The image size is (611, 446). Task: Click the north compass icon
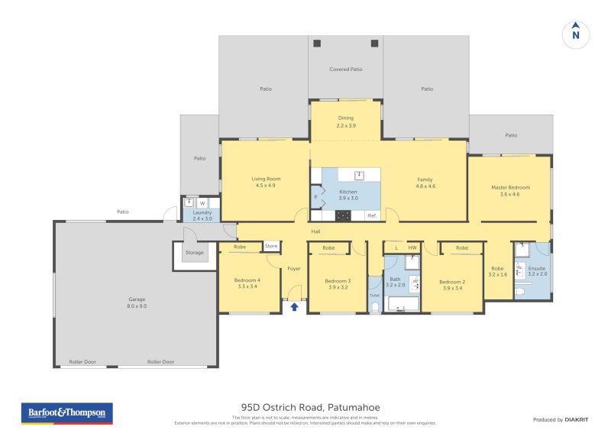pyautogui.click(x=576, y=34)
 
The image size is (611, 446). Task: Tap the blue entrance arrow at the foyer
pyautogui.click(x=293, y=306)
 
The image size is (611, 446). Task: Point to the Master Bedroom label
pyautogui.click(x=510, y=187)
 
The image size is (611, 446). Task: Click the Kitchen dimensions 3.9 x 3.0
pyautogui.click(x=348, y=199)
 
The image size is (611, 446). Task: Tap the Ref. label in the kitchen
pyautogui.click(x=372, y=215)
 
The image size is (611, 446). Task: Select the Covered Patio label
pyautogui.click(x=345, y=69)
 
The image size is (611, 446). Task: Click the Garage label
pyautogui.click(x=137, y=299)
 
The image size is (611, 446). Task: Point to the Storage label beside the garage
pyautogui.click(x=195, y=252)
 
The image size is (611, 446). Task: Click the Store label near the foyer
pyautogui.click(x=271, y=246)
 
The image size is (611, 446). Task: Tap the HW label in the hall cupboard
pyautogui.click(x=412, y=247)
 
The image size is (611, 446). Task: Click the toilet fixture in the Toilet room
pyautogui.click(x=374, y=307)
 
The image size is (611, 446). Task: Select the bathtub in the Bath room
pyautogui.click(x=404, y=305)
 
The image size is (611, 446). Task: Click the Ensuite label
pyautogui.click(x=537, y=268)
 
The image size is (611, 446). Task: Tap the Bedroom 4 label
pyautogui.click(x=247, y=280)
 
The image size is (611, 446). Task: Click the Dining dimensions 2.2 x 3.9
pyautogui.click(x=346, y=125)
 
